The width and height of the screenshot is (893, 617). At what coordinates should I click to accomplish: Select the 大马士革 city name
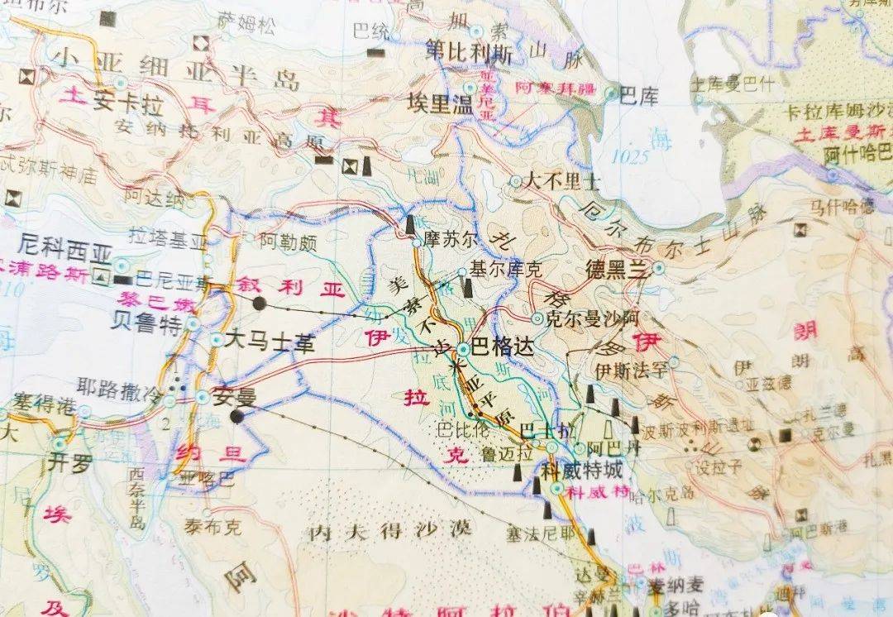coord(270,341)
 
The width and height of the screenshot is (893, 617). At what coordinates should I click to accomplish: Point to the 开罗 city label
coord(70,462)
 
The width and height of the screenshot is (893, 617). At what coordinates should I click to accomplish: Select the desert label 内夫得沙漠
coord(389,529)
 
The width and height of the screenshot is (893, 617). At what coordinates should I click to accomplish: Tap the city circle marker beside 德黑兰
coord(658,268)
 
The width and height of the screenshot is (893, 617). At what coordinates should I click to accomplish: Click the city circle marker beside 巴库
coord(611,94)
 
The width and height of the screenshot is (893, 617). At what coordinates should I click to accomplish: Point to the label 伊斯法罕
coord(631,369)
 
